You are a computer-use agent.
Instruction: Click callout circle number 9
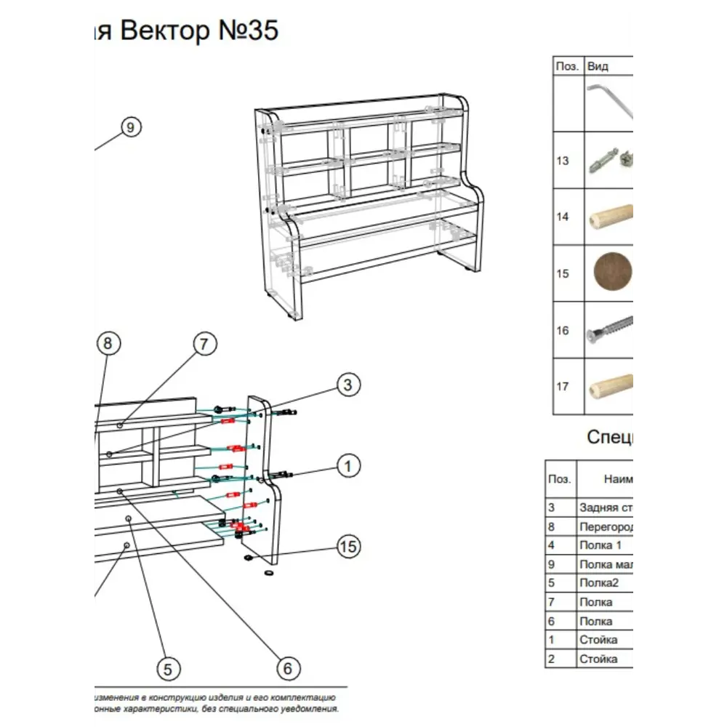coord(130,127)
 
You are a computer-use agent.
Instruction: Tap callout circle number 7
coord(204,344)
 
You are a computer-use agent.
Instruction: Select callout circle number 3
coord(348,385)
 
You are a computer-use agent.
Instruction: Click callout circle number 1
coord(348,466)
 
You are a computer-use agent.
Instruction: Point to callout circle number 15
coord(349,546)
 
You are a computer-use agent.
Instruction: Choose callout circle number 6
coord(287,668)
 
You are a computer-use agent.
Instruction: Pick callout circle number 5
coord(167,668)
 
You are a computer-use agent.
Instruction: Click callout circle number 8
coord(108,344)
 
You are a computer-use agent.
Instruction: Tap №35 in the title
coord(248,31)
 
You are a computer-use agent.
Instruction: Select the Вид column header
coord(598,66)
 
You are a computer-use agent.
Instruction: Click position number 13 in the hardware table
coord(563,161)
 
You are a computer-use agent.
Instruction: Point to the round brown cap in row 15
coord(613,273)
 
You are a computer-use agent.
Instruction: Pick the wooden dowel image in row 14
coord(609,217)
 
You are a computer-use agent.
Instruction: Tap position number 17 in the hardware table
coord(563,387)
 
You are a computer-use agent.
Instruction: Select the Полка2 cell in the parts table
coord(598,582)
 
